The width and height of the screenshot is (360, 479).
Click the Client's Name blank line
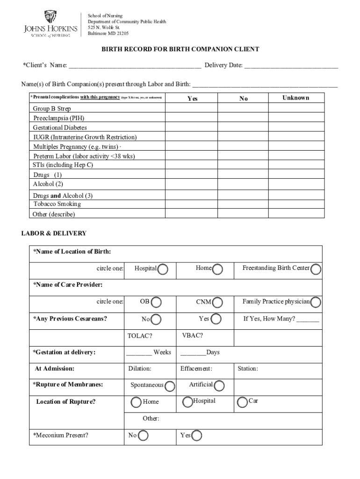(135, 65)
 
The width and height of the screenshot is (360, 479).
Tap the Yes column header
(192, 98)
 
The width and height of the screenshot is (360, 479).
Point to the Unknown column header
(295, 98)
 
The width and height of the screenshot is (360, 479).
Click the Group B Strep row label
(52, 109)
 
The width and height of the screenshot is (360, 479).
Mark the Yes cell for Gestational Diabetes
(192, 127)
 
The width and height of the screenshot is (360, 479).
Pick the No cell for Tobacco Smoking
(243, 204)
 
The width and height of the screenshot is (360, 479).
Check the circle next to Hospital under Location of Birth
(163, 269)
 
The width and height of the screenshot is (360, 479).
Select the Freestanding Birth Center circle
(316, 269)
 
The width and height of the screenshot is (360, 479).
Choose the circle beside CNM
(216, 303)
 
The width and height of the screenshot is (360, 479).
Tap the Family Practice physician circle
(316, 303)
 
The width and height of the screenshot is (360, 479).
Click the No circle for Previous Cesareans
(156, 320)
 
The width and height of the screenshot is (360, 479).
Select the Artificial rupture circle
(219, 386)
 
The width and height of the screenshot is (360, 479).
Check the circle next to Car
(242, 402)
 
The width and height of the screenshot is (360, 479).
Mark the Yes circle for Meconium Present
(197, 436)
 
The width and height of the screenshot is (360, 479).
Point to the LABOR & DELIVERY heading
(54, 233)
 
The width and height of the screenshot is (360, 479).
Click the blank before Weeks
(138, 353)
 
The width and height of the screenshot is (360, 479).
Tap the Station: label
(248, 369)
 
